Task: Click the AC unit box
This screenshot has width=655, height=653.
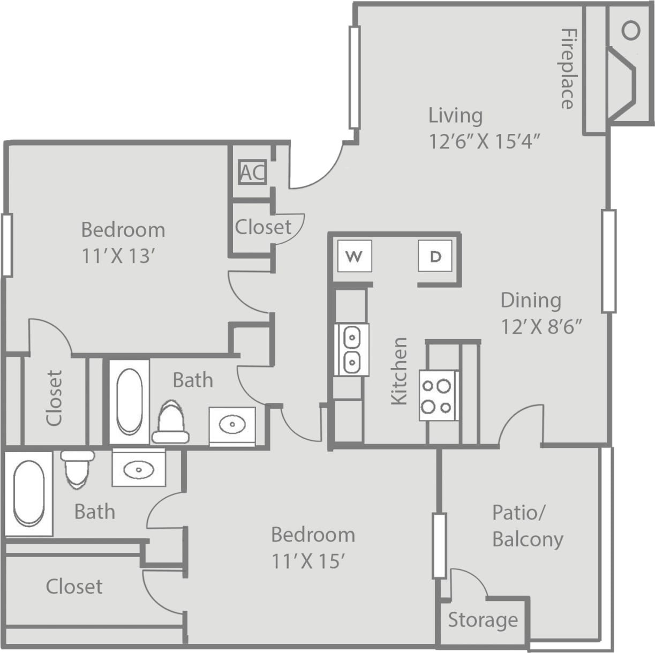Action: [252, 172]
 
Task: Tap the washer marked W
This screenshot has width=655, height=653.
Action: [354, 257]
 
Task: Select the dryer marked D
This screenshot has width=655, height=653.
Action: [435, 257]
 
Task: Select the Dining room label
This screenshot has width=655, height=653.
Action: [530, 300]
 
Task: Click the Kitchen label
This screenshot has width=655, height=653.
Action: [400, 371]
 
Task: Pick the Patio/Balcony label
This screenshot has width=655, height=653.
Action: [527, 526]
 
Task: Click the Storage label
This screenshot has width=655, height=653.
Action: [483, 620]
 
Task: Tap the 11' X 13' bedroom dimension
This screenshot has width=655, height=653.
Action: [118, 256]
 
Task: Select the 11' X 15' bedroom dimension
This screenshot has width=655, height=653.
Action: [307, 561]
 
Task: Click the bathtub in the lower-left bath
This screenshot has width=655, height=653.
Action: [28, 493]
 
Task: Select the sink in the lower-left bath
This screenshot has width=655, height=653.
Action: [139, 470]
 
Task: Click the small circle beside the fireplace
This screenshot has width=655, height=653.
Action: [631, 30]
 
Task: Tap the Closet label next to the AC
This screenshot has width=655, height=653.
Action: [263, 227]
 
